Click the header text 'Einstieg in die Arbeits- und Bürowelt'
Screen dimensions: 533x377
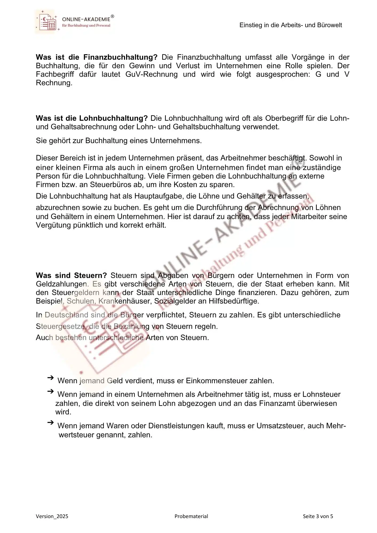291,25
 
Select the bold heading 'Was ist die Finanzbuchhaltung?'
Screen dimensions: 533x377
97,57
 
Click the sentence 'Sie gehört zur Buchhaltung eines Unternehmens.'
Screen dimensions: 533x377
119,140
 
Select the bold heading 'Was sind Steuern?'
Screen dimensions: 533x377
71,275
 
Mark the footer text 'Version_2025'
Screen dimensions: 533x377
52,516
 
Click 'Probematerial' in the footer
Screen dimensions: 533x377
191,516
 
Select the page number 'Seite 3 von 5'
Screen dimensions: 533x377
318,516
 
